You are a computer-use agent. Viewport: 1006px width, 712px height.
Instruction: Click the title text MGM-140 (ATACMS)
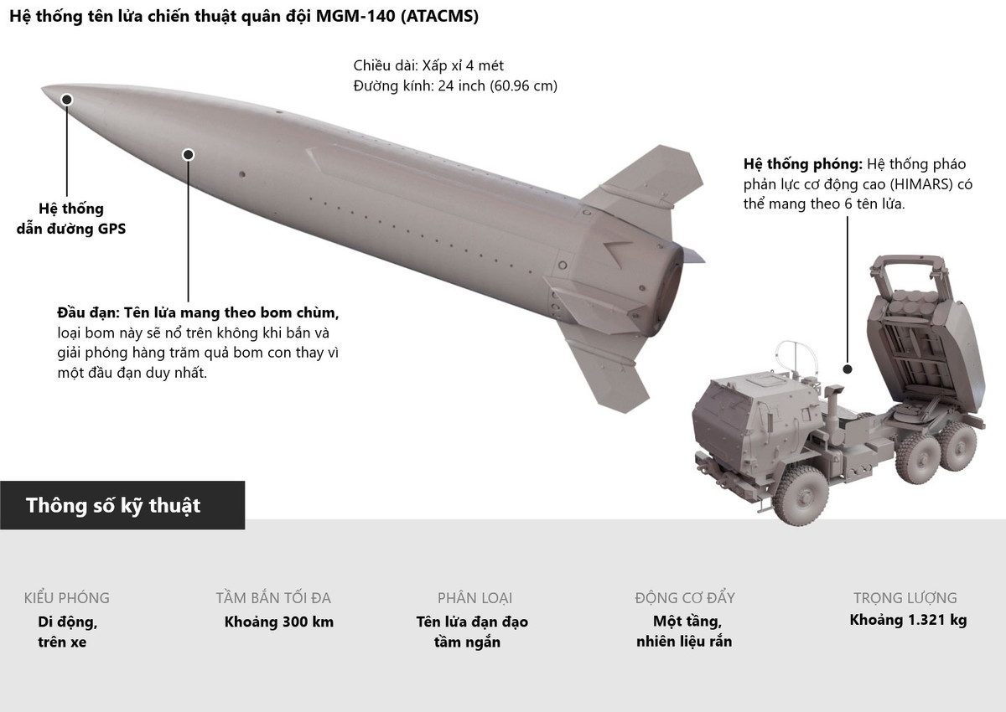point(397,16)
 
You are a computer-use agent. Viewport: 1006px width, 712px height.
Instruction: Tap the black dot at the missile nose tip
point(67,100)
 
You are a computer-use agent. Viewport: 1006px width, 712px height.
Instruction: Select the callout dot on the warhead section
point(188,155)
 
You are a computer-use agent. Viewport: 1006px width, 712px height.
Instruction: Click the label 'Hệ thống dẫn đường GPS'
point(71,219)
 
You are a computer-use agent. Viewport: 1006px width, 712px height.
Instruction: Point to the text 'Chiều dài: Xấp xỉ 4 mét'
point(428,65)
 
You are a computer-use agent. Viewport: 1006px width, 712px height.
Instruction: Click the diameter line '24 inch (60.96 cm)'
point(498,85)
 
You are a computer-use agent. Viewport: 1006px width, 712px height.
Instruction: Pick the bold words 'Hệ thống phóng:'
point(803,164)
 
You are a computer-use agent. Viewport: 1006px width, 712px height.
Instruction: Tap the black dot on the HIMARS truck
point(848,369)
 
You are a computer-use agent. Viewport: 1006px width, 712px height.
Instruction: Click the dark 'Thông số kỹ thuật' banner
point(122,505)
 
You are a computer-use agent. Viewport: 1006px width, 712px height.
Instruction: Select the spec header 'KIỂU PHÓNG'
point(67,598)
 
